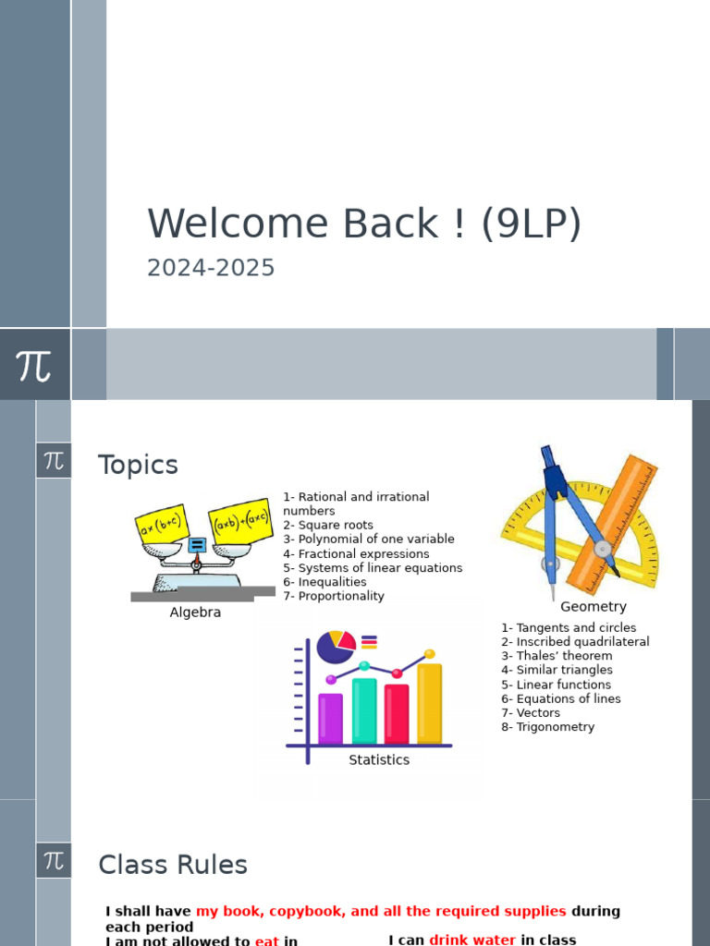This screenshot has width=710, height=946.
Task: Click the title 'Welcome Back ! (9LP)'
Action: point(364,224)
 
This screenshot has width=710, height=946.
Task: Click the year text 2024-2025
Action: point(211,268)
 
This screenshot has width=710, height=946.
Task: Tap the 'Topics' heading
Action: point(138,465)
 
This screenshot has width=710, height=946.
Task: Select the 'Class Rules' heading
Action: point(173,865)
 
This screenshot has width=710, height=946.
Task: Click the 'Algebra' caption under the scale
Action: point(195,612)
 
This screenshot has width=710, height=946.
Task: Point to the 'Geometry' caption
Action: point(593,607)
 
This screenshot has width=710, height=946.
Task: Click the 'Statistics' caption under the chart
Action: point(378,759)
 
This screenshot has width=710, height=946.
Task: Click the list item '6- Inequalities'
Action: point(324,582)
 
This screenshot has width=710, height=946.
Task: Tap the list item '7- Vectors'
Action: point(531,712)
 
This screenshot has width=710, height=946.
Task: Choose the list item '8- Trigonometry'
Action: point(547,727)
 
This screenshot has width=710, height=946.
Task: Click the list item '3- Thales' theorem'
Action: point(557,656)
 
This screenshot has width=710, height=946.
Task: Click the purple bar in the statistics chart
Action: point(330,718)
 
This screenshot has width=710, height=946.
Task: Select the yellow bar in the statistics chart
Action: point(429,703)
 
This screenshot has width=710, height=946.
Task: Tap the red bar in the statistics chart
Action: point(397,713)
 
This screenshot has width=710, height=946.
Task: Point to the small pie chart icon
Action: point(336,646)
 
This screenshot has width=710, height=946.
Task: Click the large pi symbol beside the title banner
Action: point(34,365)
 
